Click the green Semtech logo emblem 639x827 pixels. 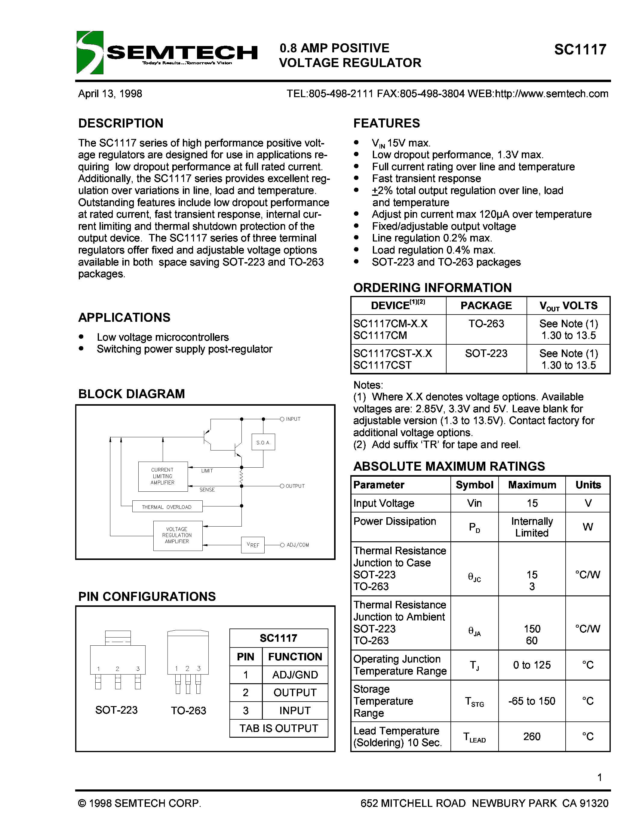pyautogui.click(x=90, y=52)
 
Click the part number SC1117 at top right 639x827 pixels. pyautogui.click(x=580, y=50)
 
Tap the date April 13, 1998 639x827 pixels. pyautogui.click(x=110, y=94)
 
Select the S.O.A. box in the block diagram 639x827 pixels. pyautogui.click(x=263, y=442)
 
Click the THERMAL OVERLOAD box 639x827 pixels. pyautogui.click(x=167, y=507)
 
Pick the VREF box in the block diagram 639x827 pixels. pyautogui.click(x=253, y=545)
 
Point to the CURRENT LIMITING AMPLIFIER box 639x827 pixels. pyautogui.click(x=163, y=476)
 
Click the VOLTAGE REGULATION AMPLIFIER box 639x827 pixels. pyautogui.click(x=177, y=535)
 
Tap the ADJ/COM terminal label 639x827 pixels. pyautogui.click(x=297, y=545)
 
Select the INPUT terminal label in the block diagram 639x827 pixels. pyautogui.click(x=293, y=419)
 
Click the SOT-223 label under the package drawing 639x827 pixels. pyautogui.click(x=116, y=710)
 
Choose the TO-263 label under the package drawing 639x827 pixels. pyautogui.click(x=188, y=710)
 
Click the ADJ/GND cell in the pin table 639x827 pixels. pyautogui.click(x=295, y=675)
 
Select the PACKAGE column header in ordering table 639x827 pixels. pyautogui.click(x=486, y=306)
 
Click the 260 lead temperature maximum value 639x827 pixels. pyautogui.click(x=531, y=736)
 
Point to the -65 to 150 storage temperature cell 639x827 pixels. pyautogui.click(x=531, y=701)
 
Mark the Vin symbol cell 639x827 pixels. pyautogui.click(x=474, y=503)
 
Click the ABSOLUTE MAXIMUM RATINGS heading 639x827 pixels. pyautogui.click(x=449, y=466)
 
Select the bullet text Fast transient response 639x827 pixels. pyautogui.click(x=426, y=178)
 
